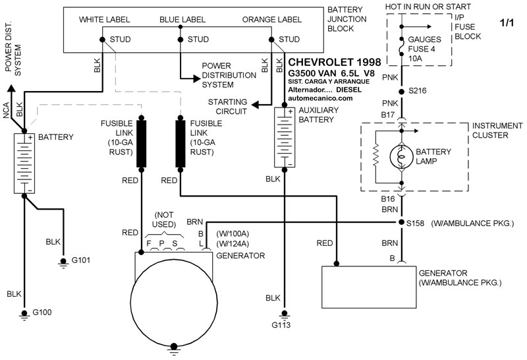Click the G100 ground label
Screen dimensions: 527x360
[x=42, y=313]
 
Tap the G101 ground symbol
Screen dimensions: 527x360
[x=63, y=262]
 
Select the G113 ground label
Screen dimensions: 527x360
[x=281, y=325]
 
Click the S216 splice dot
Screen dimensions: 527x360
[x=401, y=92]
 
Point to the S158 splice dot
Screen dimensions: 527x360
[x=401, y=222]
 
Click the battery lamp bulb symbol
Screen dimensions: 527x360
[x=401, y=157]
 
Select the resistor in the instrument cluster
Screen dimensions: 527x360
[x=375, y=156]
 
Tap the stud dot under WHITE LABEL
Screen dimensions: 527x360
[x=103, y=40]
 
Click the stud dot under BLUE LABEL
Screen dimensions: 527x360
[x=180, y=40]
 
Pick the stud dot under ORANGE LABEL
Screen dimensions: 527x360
[x=271, y=40]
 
